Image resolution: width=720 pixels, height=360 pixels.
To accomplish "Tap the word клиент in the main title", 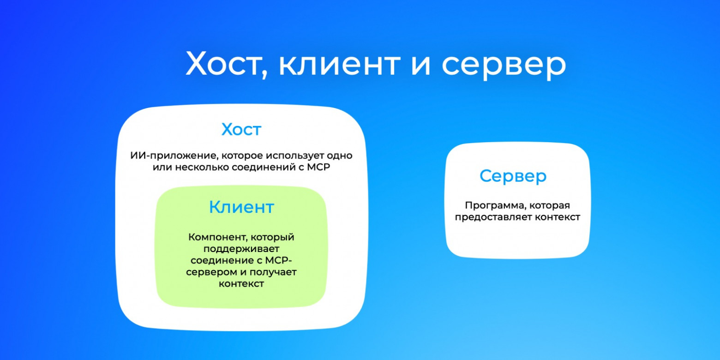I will tap(339, 64).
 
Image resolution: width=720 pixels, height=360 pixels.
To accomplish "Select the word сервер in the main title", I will tap(503, 64).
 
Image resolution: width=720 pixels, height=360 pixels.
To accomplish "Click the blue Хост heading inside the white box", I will tap(241, 130).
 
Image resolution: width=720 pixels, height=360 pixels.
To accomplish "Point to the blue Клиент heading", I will tap(241, 207).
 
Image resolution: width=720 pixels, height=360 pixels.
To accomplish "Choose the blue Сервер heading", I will tap(513, 176).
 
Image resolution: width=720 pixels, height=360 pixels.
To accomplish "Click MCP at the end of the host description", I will tap(319, 167).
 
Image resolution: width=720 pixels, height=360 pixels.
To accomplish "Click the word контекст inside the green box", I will tap(241, 284).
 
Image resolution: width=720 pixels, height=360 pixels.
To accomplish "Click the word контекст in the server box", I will tap(557, 217).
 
